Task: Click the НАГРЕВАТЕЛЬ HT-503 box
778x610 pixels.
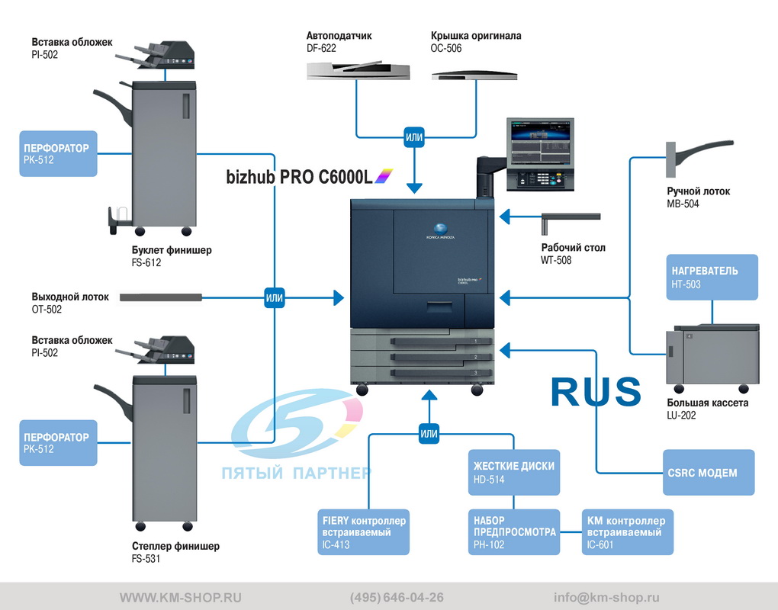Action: pyautogui.click(x=712, y=278)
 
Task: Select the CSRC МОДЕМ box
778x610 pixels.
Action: pyautogui.click(x=709, y=472)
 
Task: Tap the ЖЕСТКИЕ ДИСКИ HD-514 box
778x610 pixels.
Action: pyautogui.click(x=514, y=472)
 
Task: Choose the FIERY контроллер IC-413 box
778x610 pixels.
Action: pyautogui.click(x=364, y=532)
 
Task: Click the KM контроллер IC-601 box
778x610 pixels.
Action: pyautogui.click(x=628, y=532)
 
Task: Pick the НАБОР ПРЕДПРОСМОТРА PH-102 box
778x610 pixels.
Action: pyautogui.click(x=514, y=532)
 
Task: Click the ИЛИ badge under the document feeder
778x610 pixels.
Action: pyautogui.click(x=414, y=137)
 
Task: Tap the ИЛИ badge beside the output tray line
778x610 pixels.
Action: pyautogui.click(x=275, y=297)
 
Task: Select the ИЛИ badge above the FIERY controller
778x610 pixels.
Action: pyautogui.click(x=429, y=434)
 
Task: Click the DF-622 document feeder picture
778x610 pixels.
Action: pyautogui.click(x=358, y=70)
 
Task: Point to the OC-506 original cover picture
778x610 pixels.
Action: pyautogui.click(x=474, y=75)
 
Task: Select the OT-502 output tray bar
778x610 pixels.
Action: pyautogui.click(x=161, y=297)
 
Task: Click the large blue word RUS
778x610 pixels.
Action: pyautogui.click(x=596, y=392)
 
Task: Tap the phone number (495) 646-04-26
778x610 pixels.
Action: pyautogui.click(x=397, y=597)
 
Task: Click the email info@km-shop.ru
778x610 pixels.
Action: pyautogui.click(x=606, y=597)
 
